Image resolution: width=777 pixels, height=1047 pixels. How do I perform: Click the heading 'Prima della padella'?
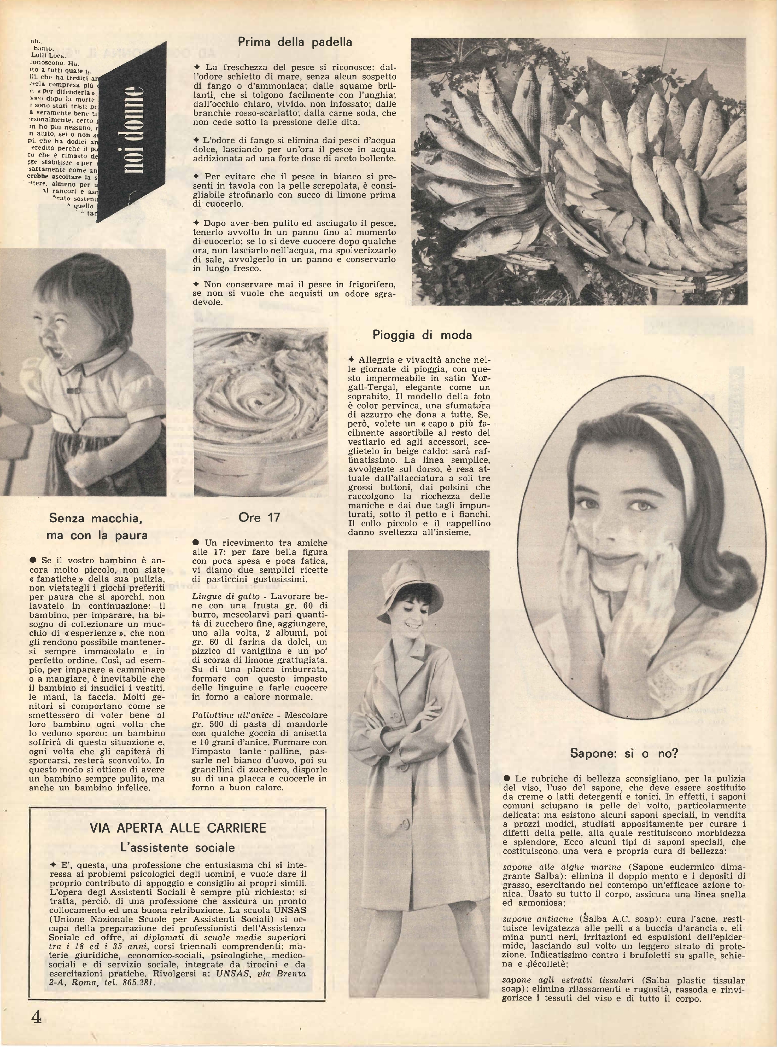295,42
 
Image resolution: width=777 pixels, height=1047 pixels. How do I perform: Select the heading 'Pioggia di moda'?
422,335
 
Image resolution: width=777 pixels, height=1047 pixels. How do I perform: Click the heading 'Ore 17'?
259,518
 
